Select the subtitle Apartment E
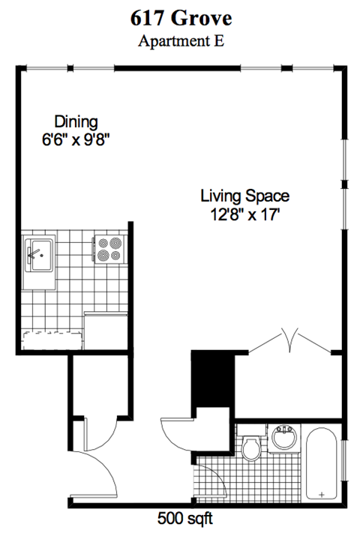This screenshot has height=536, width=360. [180, 40]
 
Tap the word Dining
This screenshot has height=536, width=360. [76, 121]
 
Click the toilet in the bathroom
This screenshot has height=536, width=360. [251, 447]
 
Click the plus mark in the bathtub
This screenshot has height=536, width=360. [322, 495]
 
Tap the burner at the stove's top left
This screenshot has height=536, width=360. [102, 244]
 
